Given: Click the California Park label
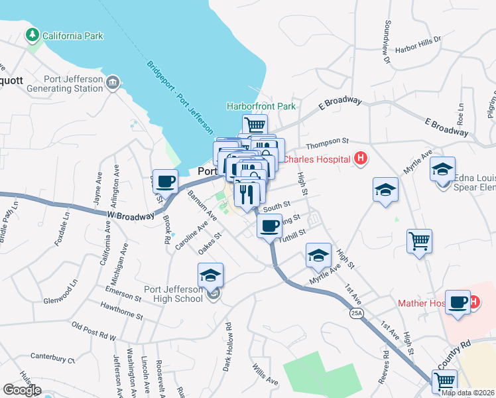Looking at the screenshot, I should (73, 35).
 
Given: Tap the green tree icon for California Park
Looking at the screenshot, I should (31, 34).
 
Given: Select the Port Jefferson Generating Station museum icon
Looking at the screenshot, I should (112, 82).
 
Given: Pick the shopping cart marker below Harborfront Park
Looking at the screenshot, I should (255, 124).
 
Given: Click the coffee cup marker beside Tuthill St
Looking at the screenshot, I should (269, 226).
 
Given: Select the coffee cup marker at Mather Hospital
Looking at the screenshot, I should (457, 302).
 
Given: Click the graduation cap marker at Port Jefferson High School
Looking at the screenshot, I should (211, 274).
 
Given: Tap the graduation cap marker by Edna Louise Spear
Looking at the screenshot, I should (442, 168).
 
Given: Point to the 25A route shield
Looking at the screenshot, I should (357, 314).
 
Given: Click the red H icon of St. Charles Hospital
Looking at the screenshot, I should (361, 159).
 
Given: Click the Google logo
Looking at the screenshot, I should (21, 390).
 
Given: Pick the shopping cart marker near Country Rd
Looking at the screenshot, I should (444, 381).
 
